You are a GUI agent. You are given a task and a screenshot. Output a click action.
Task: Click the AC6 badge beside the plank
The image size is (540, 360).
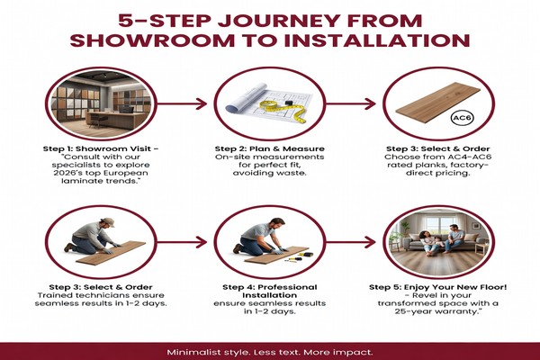click(x=462, y=118)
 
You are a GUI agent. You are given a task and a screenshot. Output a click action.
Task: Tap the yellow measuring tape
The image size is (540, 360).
click(x=283, y=109)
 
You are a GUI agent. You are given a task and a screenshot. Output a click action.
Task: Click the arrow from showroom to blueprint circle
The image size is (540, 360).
click(x=182, y=103)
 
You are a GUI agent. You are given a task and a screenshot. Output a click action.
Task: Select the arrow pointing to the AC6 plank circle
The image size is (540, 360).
click(x=351, y=103)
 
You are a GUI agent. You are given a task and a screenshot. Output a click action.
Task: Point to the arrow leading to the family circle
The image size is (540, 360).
click(x=351, y=242)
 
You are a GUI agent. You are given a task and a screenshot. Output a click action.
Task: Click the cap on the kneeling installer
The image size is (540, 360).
click(x=108, y=222)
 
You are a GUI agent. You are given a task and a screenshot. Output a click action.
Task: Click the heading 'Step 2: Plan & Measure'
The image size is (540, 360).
click(x=270, y=148)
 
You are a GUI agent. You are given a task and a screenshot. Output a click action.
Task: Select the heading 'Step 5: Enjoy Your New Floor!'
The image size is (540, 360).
click(x=438, y=287)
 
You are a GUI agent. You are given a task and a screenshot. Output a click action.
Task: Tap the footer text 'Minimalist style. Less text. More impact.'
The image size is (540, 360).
click(x=270, y=353)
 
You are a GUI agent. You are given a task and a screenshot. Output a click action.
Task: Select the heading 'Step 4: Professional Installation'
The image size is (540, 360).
click(x=270, y=291)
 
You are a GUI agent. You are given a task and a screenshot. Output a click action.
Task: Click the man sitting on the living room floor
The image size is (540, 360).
click(x=453, y=238)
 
